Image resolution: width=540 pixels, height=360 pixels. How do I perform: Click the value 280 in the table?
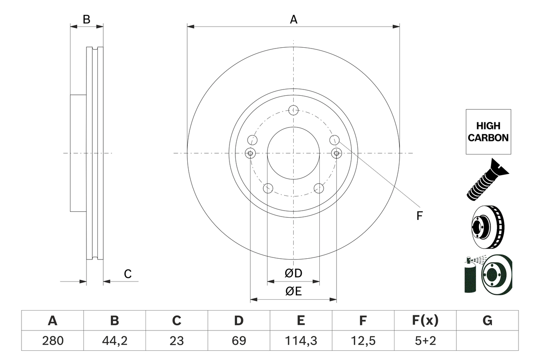(52, 341)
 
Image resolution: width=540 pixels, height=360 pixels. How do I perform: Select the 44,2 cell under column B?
(114, 341)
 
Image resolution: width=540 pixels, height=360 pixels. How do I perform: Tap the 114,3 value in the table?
(300, 341)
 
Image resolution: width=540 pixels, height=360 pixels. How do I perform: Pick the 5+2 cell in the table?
(425, 341)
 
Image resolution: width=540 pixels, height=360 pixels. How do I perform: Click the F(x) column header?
(425, 321)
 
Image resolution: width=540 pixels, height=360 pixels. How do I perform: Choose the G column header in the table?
(487, 321)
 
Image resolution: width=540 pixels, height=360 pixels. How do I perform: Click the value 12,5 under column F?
(362, 341)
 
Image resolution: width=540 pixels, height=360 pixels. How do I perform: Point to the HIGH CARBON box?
(488, 132)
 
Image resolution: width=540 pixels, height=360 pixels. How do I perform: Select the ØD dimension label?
(294, 273)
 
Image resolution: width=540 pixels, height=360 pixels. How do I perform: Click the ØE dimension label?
(294, 291)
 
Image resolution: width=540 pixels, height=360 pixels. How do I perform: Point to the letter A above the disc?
(293, 19)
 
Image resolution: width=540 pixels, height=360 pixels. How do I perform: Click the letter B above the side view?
(86, 19)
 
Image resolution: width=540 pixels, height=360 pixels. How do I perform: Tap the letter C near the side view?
(128, 274)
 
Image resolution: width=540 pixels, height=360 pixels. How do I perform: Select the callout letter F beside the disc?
(419, 216)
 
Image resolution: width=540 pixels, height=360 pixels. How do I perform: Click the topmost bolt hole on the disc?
(294, 110)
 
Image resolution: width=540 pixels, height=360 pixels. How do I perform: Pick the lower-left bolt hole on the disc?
(268, 188)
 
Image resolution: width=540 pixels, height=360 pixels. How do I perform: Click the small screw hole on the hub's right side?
(336, 153)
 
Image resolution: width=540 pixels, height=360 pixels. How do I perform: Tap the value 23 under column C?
(176, 341)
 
